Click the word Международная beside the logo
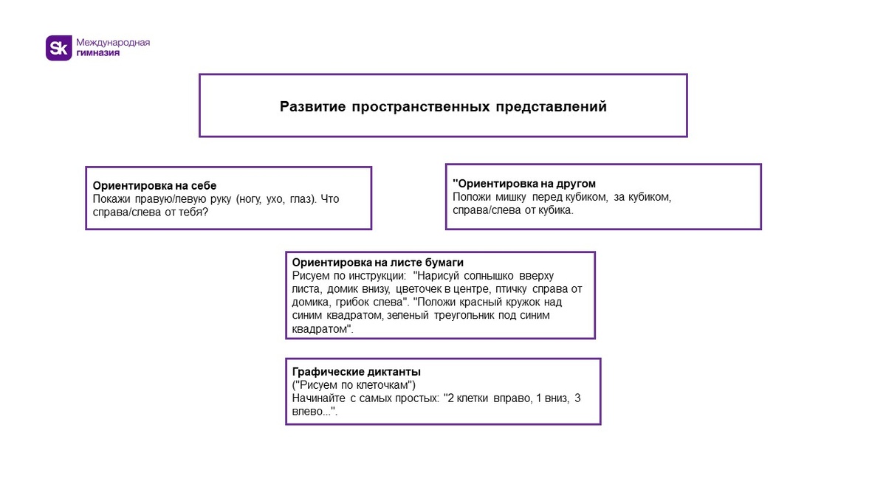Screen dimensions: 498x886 point(113,42)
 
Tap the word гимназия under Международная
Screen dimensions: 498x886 point(98,53)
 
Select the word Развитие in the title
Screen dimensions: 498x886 point(312,106)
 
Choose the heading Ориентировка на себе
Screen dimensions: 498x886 point(154,186)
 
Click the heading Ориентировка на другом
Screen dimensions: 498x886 point(525,184)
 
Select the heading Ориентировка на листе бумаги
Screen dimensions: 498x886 point(377,263)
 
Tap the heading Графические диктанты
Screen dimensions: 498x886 point(357,372)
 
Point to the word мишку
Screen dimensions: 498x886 point(508,197)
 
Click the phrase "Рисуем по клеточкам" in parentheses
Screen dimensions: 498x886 point(354,385)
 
